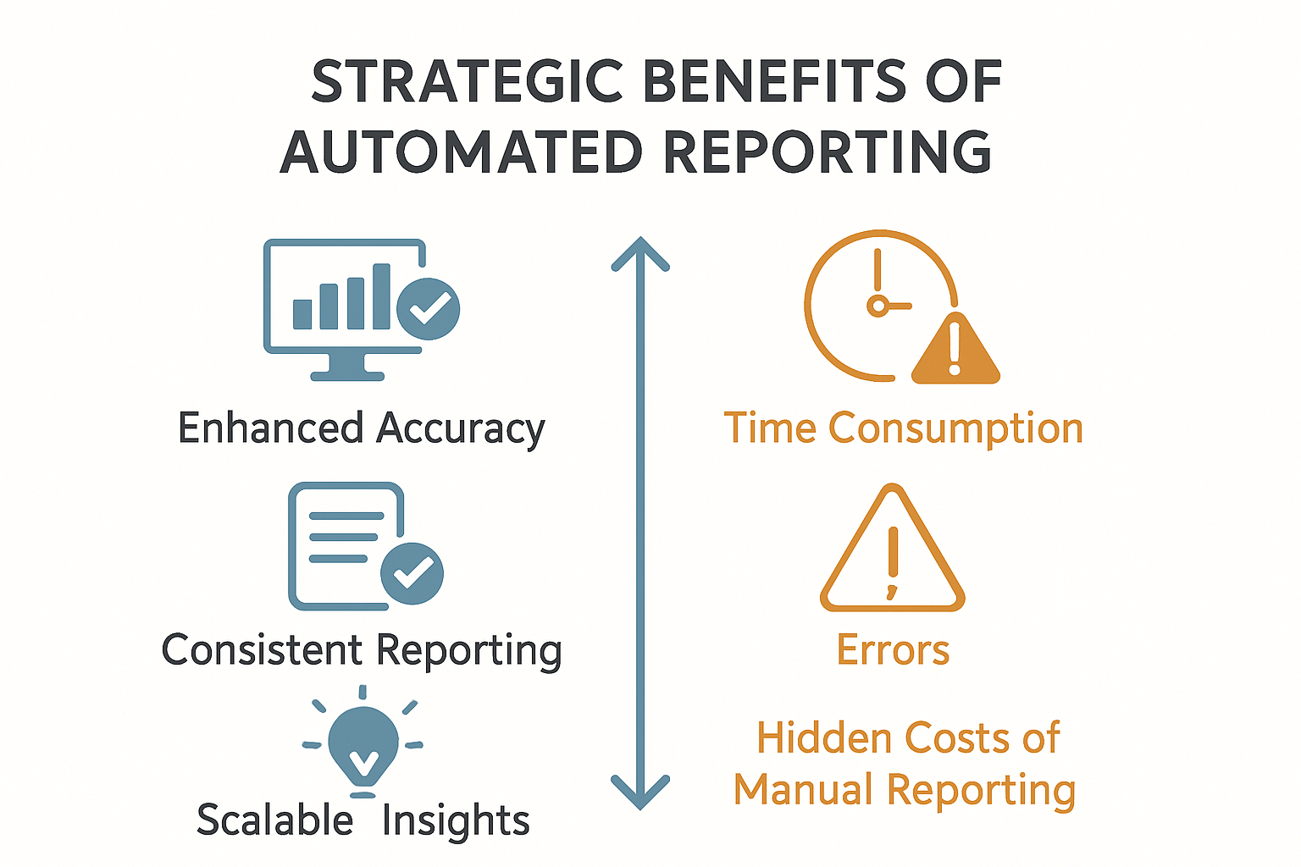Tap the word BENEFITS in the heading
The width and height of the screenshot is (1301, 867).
click(775, 80)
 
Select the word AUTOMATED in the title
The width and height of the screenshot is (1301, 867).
click(462, 152)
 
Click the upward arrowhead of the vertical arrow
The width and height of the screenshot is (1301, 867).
click(640, 254)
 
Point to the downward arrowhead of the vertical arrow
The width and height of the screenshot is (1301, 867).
click(640, 792)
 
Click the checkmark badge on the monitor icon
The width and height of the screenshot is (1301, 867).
click(429, 308)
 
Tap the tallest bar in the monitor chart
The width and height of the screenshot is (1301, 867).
click(381, 296)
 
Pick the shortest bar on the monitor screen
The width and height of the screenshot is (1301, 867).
click(302, 314)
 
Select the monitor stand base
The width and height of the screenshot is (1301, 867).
click(347, 376)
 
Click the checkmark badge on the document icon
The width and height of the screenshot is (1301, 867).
click(412, 574)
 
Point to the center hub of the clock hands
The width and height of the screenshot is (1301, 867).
click(878, 306)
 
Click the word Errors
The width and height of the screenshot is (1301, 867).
click(893, 649)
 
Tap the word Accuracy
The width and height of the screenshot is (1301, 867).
click(461, 430)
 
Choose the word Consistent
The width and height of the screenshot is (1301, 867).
click(263, 649)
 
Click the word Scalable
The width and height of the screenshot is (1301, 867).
click(274, 819)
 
